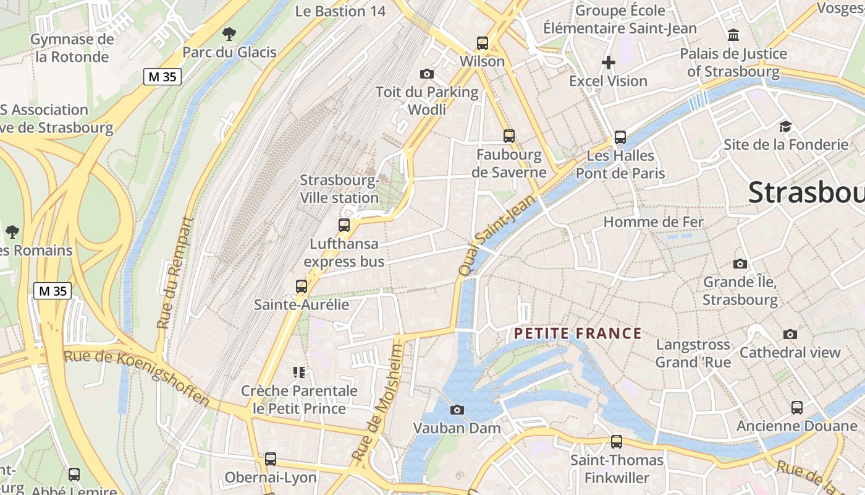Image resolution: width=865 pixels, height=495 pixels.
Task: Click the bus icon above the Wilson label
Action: pos(483,43)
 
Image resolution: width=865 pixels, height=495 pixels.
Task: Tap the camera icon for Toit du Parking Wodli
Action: pos(426,74)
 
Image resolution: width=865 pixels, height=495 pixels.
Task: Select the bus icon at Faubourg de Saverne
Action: pos(509,136)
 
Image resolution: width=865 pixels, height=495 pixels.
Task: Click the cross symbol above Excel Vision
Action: pos(609,62)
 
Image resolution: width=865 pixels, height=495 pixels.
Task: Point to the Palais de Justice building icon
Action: pos(733,35)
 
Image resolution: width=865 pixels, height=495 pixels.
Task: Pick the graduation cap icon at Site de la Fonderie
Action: pos(785,126)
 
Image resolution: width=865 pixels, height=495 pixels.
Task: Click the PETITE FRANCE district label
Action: pos(578,334)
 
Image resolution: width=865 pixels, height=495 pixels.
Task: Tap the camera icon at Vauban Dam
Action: pos(457,410)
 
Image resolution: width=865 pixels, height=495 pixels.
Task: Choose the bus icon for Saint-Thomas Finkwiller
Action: pos(617,442)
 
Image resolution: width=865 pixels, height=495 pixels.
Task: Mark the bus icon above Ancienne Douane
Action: pos(797,408)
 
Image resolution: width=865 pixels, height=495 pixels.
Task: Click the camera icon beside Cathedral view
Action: pos(790,335)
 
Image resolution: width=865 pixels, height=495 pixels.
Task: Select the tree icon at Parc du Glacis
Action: pos(229,33)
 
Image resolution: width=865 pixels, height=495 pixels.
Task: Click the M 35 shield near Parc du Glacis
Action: pos(162,77)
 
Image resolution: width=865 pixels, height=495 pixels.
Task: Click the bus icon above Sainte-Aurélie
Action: pos(302,286)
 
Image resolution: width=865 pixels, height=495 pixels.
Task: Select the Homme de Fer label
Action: pos(653,222)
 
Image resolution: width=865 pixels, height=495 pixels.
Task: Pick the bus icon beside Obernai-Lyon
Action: pos(271,459)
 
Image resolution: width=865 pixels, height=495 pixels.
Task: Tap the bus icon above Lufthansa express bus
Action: pos(344,225)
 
